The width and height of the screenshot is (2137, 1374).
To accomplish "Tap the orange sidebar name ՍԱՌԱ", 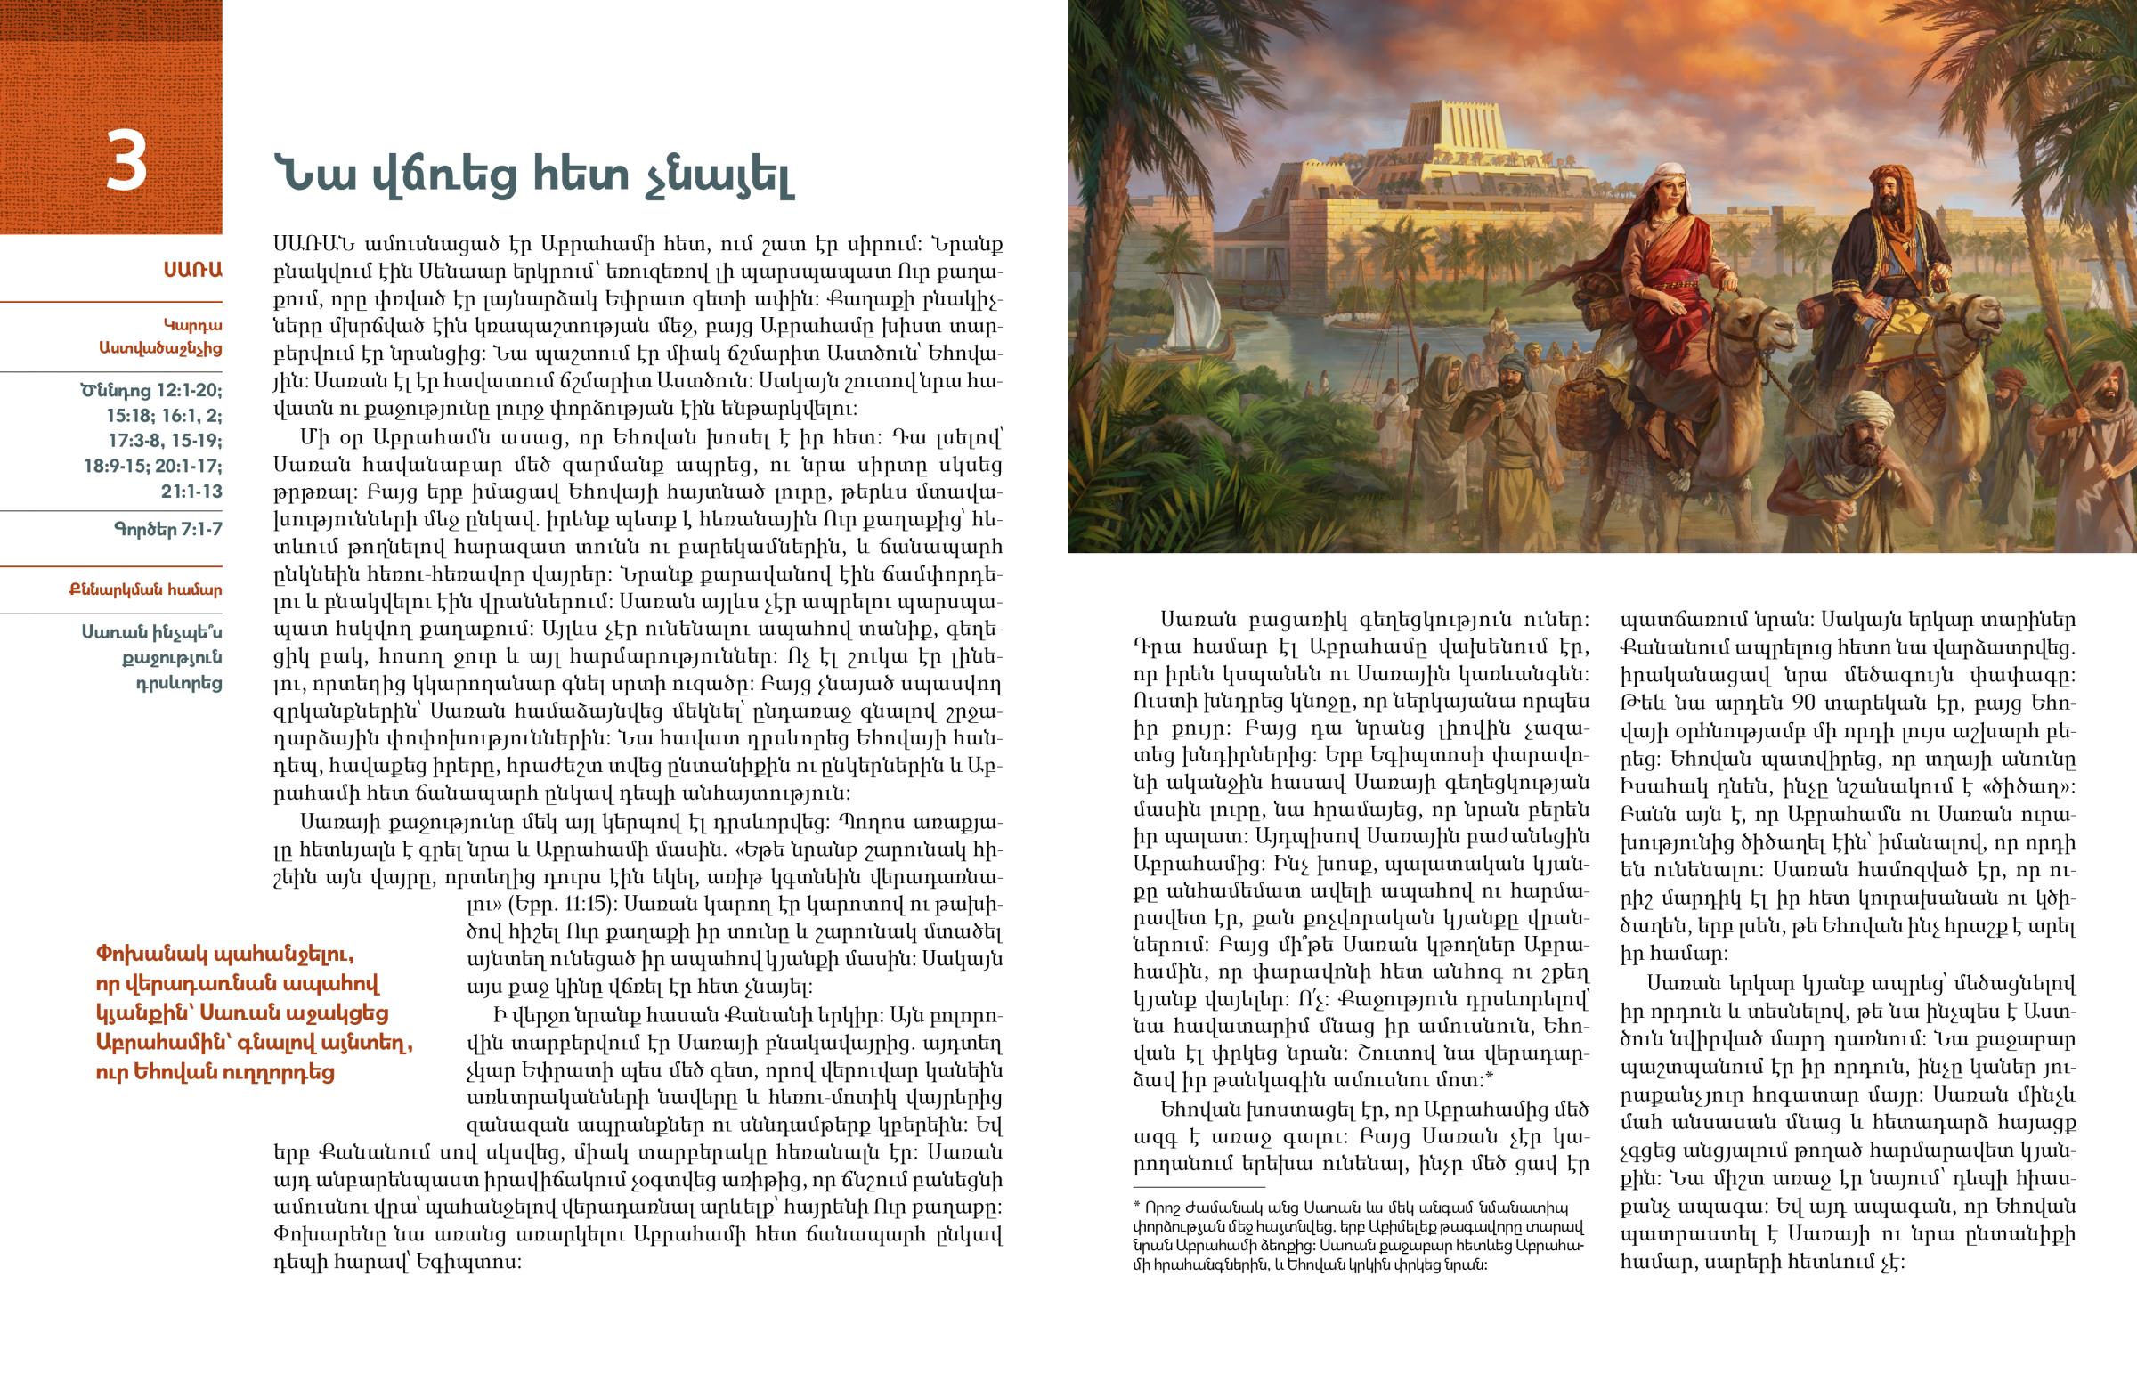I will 192,270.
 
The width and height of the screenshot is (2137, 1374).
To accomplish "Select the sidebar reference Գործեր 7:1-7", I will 167,529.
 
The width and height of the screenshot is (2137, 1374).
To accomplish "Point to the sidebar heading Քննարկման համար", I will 145,589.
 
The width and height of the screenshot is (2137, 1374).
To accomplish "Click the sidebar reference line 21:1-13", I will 191,492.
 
